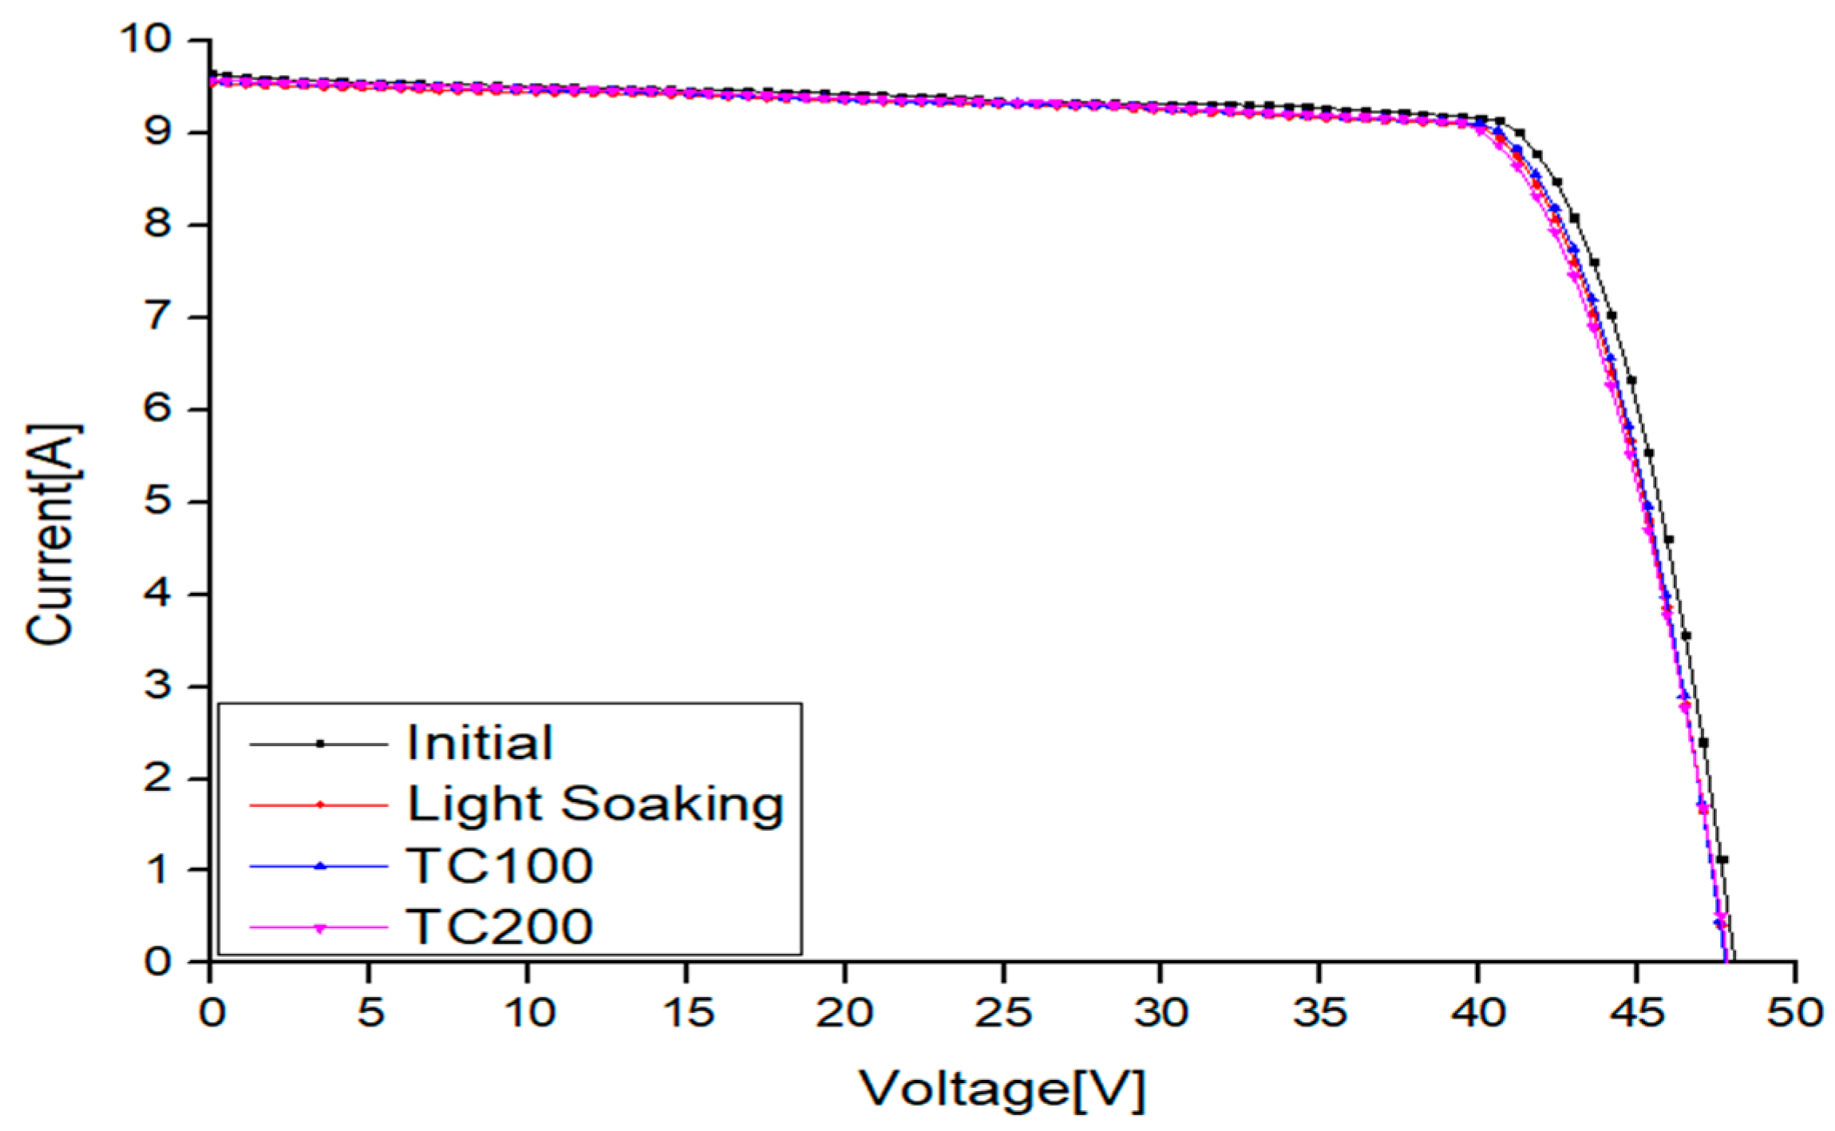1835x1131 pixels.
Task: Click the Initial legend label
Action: pos(479,743)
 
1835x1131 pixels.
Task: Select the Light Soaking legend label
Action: pos(595,805)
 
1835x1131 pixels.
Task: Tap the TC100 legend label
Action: pos(499,865)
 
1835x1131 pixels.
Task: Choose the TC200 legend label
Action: pos(499,927)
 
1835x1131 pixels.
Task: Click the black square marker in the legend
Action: pos(319,744)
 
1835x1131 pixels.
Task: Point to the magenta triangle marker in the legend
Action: pos(319,928)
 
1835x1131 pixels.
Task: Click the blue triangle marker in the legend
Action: pos(319,866)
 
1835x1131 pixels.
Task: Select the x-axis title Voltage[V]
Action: pos(1002,1089)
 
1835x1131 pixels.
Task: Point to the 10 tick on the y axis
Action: pos(145,38)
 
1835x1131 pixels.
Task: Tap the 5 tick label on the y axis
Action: pos(157,501)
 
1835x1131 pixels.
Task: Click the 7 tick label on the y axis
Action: pos(157,317)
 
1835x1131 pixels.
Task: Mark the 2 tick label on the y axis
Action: pos(157,778)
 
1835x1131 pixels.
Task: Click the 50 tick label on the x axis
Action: pos(1794,1013)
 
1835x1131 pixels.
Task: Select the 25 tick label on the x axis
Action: pos(1003,1013)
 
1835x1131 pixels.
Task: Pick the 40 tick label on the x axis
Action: pos(1478,1013)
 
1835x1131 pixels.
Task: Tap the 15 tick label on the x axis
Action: pos(686,1013)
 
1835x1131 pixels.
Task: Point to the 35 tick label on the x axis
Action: pos(1319,1013)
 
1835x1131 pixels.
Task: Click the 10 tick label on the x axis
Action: pos(528,1013)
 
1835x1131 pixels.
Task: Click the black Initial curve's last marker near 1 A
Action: pos(1722,860)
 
